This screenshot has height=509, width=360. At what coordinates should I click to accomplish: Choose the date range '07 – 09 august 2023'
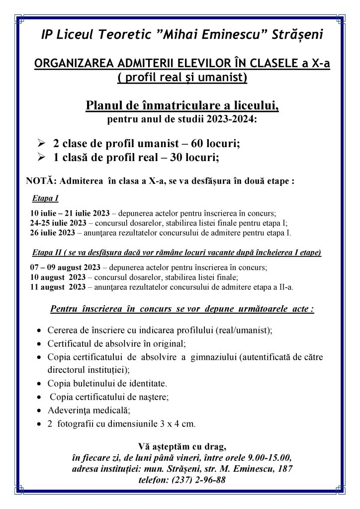(x=65, y=267)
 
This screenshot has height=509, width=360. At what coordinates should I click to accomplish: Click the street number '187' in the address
(x=285, y=469)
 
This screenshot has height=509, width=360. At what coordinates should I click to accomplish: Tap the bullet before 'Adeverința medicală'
(x=39, y=411)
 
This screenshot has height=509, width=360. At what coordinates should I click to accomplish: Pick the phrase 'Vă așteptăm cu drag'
(x=180, y=446)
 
